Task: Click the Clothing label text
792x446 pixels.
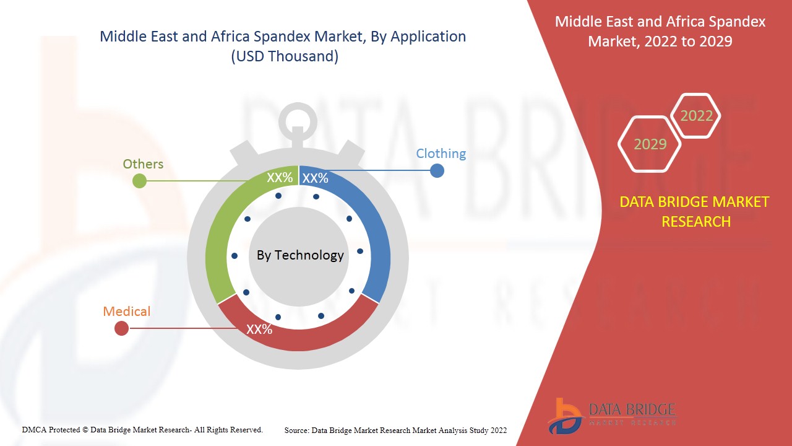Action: pos(441,153)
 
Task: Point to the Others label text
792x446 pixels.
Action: pos(143,164)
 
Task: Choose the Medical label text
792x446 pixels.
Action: pos(127,311)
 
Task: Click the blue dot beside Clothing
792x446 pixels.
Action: pos(437,170)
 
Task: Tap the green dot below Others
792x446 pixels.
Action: pos(140,181)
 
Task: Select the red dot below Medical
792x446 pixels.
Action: pos(122,328)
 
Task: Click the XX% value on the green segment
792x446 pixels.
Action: pos(280,178)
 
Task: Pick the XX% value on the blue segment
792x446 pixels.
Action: pos(316,178)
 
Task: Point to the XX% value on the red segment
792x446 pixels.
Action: pos(259,330)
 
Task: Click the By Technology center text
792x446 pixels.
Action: pos(300,255)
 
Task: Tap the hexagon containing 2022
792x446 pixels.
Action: pos(696,116)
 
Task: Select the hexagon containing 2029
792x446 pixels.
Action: pos(650,144)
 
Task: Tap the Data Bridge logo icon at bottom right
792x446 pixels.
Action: pos(564,416)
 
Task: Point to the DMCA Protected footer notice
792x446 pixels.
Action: pos(142,429)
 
